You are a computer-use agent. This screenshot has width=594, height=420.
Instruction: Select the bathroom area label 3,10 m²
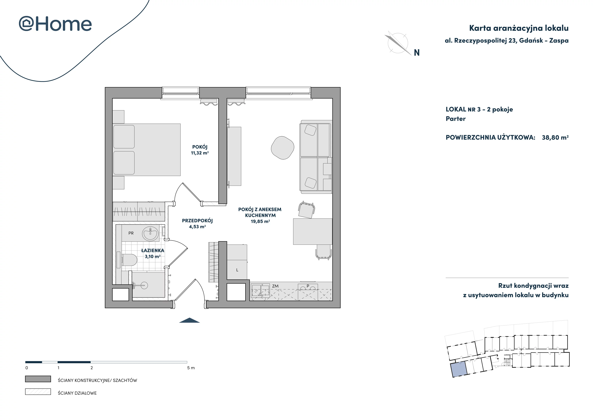[153, 257]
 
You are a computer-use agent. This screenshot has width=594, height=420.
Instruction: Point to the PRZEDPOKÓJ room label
[197, 221]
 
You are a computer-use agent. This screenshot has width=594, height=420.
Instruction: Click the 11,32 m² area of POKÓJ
[200, 153]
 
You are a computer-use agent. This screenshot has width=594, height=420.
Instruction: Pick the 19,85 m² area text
[260, 221]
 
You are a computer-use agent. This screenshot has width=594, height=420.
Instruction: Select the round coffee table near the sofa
[283, 148]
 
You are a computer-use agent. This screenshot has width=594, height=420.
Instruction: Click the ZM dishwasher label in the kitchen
[275, 286]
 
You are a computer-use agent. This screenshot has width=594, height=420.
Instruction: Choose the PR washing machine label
[131, 233]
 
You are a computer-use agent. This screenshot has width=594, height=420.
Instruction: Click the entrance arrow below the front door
[189, 320]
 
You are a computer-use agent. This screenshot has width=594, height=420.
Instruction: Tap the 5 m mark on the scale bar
[191, 368]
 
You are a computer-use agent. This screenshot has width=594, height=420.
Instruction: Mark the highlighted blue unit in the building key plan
[459, 369]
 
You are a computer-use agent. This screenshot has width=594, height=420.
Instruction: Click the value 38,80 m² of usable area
[555, 137]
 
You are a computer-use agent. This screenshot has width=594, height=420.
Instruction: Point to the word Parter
[456, 119]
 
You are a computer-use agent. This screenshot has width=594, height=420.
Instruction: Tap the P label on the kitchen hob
[308, 286]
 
